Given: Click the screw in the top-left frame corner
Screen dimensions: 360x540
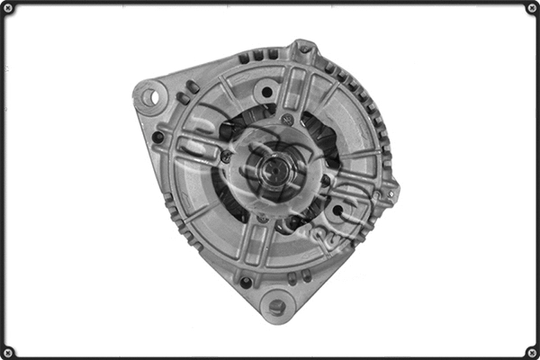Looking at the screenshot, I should coord(8,8).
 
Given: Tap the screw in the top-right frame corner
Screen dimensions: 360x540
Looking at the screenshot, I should coord(531,8).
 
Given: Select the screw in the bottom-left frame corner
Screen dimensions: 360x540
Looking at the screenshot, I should coord(8,351).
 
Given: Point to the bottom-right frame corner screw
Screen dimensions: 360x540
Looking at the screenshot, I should coord(531,351).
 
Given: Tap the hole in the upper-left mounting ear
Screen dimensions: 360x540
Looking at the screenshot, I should coord(149,93).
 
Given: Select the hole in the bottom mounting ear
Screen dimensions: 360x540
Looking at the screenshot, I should coord(277,307).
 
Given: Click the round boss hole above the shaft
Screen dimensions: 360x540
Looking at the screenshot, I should coord(265,91).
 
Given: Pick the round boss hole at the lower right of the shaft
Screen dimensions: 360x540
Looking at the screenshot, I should coord(337,212).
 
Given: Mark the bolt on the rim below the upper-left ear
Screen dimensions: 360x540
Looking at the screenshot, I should coord(158,137).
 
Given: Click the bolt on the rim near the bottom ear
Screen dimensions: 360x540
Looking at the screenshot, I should coord(246,282).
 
